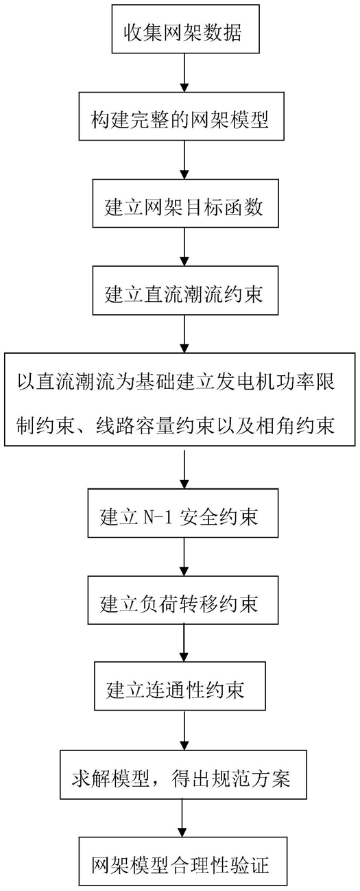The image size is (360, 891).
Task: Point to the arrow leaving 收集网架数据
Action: [184, 73]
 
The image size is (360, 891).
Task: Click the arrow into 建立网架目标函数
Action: [184, 160]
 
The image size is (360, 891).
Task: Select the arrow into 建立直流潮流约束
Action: [184, 247]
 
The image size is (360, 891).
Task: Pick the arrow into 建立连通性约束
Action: [184, 643]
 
